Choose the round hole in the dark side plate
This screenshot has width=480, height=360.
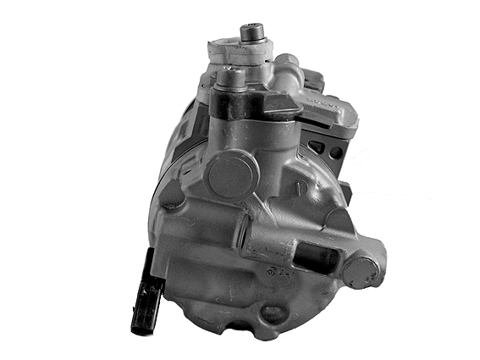point(337,152)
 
